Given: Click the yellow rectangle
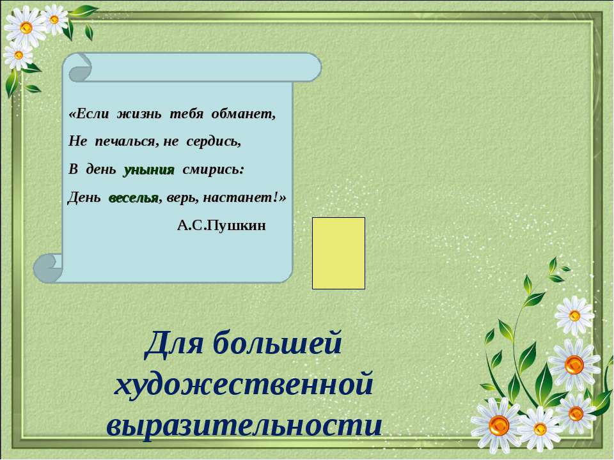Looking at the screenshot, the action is tap(338, 253).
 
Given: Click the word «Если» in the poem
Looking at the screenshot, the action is tap(89, 114).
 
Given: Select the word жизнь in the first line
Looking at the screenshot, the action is tap(139, 114).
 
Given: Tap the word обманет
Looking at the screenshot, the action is tap(244, 114).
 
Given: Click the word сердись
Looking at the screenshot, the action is tap(214, 141).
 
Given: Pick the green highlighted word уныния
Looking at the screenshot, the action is tap(149, 170).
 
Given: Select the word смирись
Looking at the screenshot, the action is tap(214, 170).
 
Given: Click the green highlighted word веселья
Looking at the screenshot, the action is tap(134, 198).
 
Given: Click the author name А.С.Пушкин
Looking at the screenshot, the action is tap(221, 226).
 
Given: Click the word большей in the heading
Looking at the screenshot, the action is tap(278, 343).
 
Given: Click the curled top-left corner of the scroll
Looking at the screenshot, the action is tap(81, 68).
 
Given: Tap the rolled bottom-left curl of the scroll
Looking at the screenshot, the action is tap(48, 268).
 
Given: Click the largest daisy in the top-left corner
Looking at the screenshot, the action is tap(25, 27).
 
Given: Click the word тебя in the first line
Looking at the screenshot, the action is tap(186, 114).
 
